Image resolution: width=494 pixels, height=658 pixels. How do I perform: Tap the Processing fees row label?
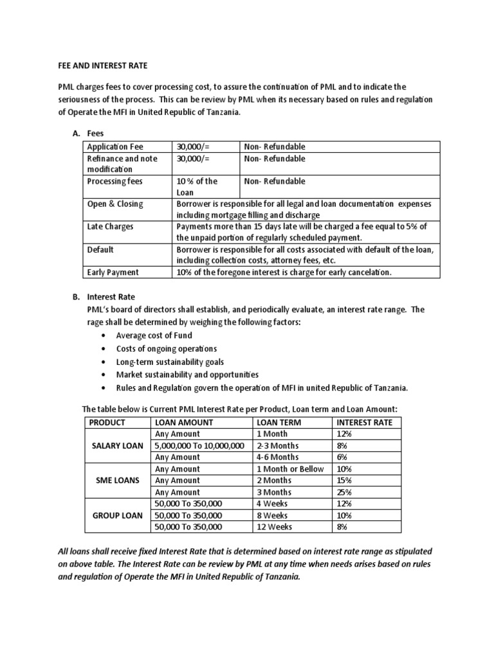coord(115,181)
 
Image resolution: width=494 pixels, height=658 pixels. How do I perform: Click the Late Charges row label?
coord(110,227)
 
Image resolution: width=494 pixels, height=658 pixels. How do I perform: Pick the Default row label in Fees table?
coord(100,249)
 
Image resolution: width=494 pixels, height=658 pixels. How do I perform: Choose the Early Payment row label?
coord(113,272)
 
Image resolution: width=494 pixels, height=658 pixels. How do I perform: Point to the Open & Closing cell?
coord(115,204)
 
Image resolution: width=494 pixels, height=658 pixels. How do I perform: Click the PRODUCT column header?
coord(107,422)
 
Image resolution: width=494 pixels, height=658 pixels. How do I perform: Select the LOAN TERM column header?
coord(279,422)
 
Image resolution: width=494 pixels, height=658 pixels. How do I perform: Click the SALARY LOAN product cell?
coord(116,445)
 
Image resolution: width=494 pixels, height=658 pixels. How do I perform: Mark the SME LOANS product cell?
coord(116,480)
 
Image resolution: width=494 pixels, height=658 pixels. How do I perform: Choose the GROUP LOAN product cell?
coord(116,515)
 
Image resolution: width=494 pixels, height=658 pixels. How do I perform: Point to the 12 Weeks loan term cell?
coord(274,526)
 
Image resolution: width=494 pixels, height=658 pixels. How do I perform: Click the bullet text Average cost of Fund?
coord(154,335)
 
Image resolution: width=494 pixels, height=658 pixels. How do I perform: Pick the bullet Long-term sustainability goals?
coord(170,362)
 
